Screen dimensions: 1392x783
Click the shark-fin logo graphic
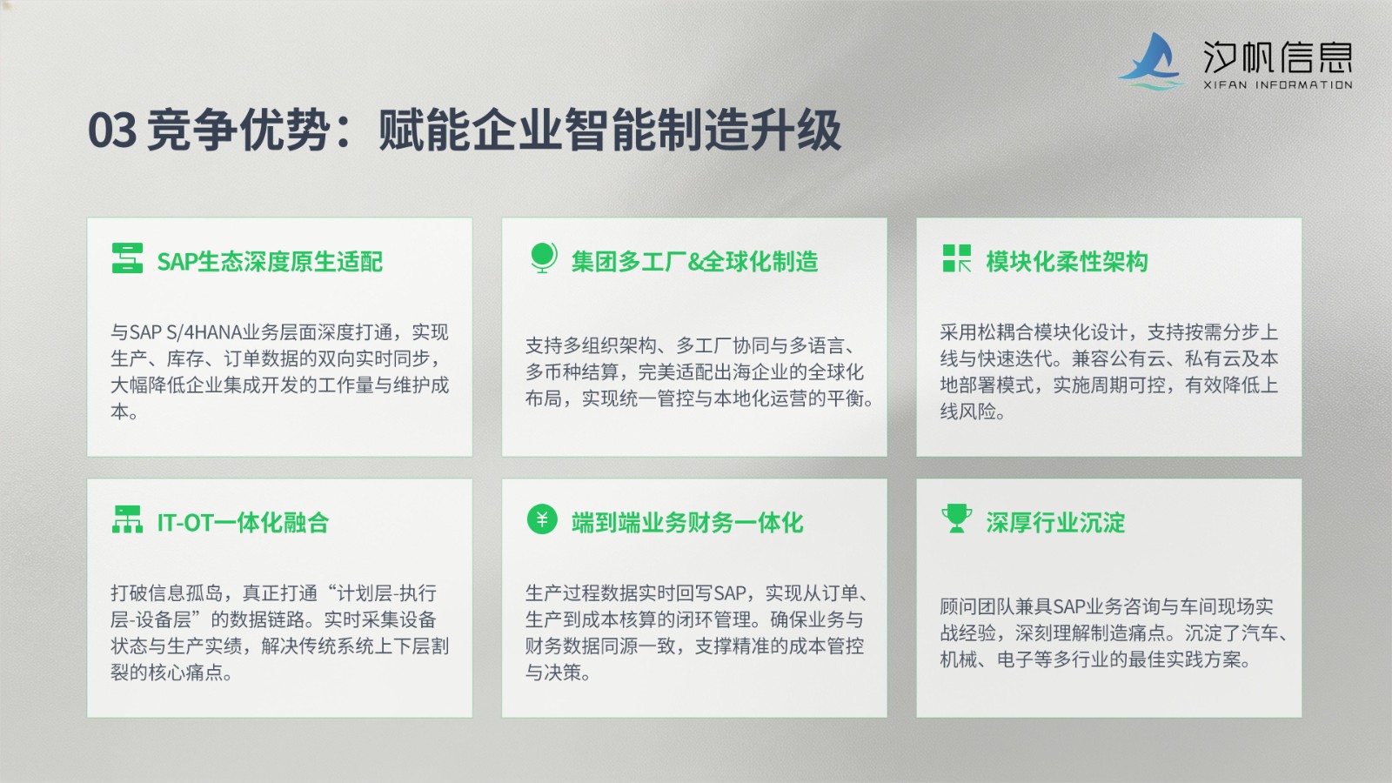[1151, 61]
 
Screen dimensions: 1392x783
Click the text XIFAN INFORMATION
[1278, 85]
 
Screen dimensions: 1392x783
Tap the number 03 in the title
[112, 130]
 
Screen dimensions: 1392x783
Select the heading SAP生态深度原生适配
[270, 262]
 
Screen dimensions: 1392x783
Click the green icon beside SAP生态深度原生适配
[127, 258]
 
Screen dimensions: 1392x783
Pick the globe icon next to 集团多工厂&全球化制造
[543, 258]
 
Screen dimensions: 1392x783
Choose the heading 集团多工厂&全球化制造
[695, 262]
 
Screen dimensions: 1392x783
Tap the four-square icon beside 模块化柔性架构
[956, 258]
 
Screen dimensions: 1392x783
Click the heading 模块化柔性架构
[1067, 262]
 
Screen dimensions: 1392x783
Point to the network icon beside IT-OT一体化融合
[127, 519]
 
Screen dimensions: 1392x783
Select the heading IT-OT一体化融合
[243, 523]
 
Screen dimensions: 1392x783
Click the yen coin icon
[542, 519]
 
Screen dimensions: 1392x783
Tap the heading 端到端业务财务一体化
[687, 523]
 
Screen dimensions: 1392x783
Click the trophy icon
[956, 519]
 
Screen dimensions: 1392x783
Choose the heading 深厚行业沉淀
[1055, 523]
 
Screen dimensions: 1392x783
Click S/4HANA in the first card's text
[204, 332]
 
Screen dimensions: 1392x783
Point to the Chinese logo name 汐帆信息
[1278, 57]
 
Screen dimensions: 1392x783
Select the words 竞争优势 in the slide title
[237, 130]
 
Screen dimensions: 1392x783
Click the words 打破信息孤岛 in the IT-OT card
[166, 593]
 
